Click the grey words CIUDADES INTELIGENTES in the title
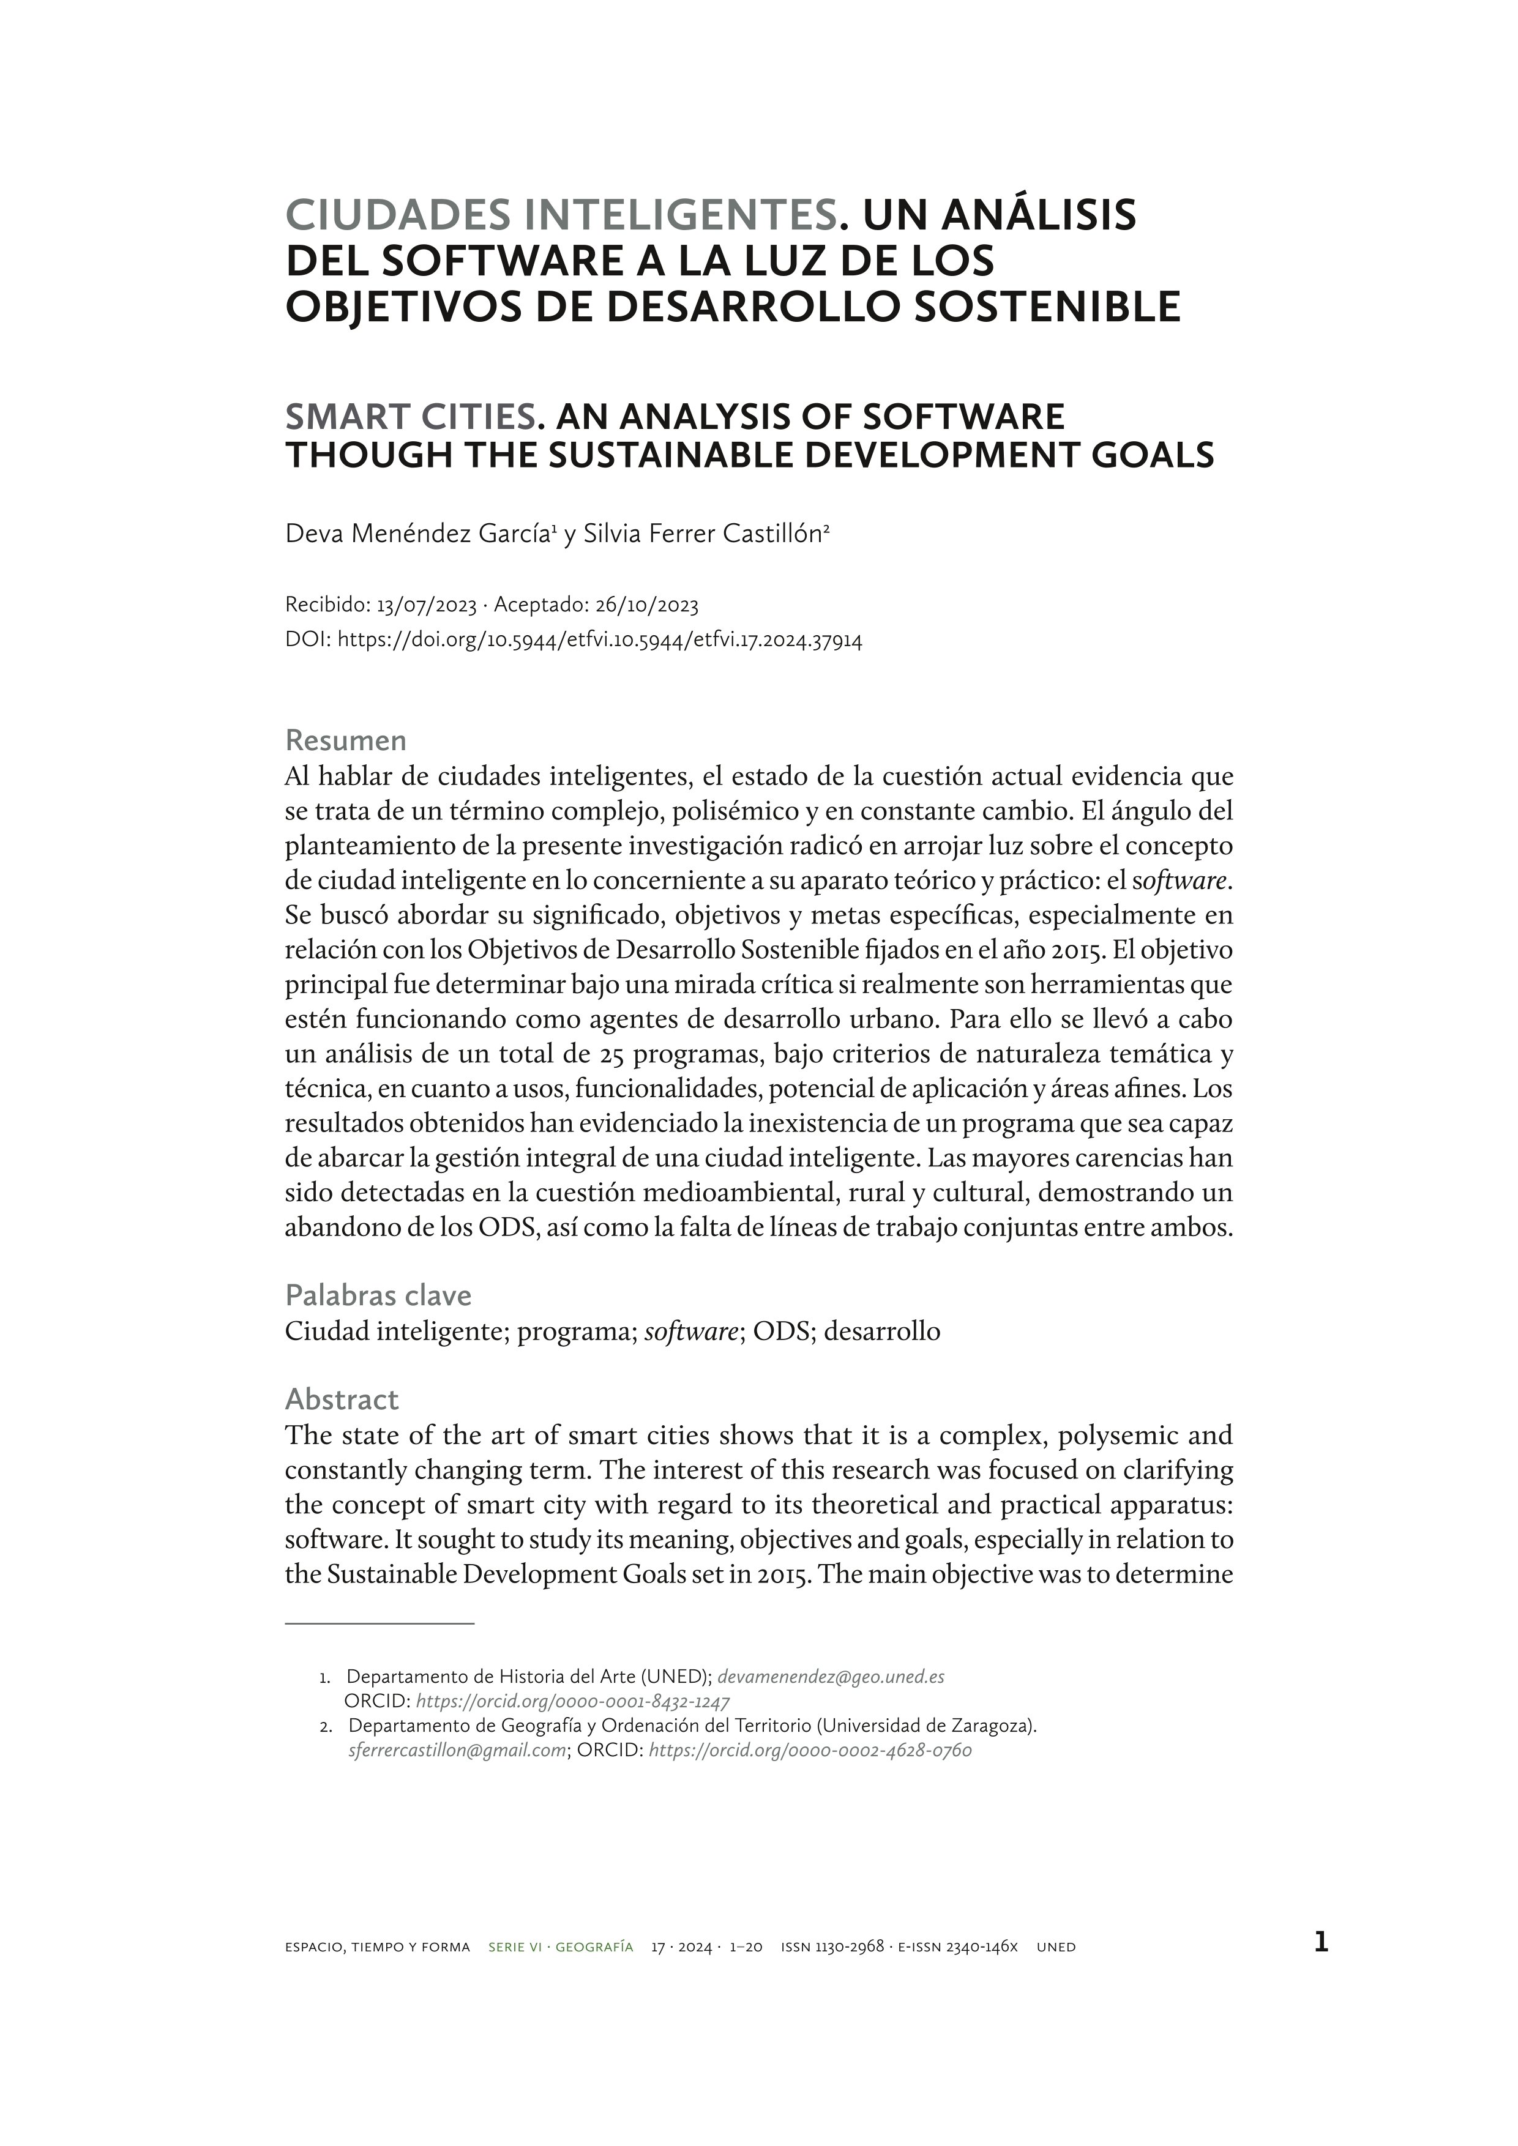(560, 215)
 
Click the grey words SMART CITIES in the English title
(409, 416)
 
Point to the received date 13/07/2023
(426, 606)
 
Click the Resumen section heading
(345, 740)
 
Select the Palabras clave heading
(378, 1295)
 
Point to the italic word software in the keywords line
(691, 1331)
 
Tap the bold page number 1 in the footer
(1320, 1943)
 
